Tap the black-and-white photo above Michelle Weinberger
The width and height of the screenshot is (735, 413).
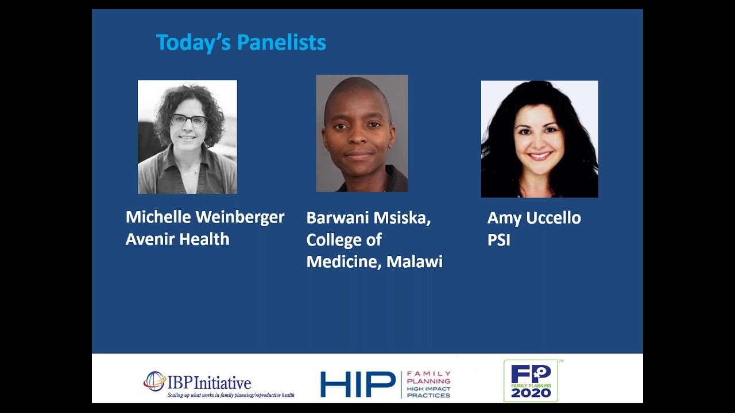[187, 137]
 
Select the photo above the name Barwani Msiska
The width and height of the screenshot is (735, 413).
[362, 134]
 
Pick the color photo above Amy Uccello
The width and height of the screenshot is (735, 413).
[539, 139]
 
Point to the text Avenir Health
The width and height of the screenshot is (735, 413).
[177, 239]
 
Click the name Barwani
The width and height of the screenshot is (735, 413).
[336, 218]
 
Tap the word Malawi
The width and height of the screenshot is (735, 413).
[415, 262]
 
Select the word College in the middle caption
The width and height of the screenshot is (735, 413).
[335, 240]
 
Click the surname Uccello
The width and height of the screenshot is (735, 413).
[555, 218]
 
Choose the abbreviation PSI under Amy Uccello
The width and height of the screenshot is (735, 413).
[498, 240]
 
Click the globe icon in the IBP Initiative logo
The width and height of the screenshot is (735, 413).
[154, 381]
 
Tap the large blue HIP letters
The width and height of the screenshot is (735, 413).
[357, 384]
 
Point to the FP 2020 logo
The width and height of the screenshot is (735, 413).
[531, 381]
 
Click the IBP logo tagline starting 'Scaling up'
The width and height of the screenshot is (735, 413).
[231, 395]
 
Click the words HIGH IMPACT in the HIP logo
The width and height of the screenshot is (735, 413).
[428, 388]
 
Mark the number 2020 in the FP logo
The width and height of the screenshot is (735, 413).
[531, 393]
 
